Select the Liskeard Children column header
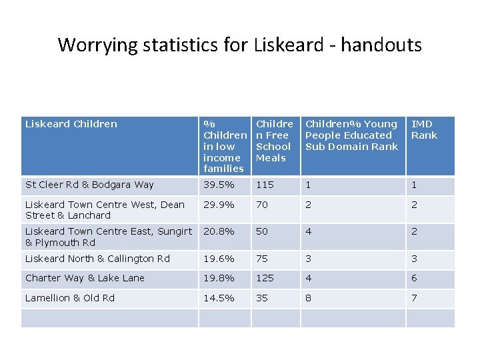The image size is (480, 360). click(x=71, y=124)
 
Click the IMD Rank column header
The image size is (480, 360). click(x=424, y=129)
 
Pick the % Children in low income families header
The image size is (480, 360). click(x=224, y=146)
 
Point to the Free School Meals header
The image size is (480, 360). click(x=274, y=141)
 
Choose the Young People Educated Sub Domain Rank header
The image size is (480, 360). click(x=351, y=135)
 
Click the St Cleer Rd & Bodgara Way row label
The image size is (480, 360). click(x=89, y=185)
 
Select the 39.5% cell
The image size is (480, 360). click(x=219, y=185)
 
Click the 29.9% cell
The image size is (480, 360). click(x=219, y=205)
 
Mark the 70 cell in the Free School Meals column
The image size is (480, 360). click(x=262, y=205)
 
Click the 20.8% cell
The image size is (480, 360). click(x=219, y=231)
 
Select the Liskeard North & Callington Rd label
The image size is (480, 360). click(x=97, y=259)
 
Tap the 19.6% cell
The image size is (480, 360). click(x=219, y=259)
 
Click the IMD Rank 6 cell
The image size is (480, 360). click(x=415, y=278)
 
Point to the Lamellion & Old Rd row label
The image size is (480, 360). click(x=70, y=298)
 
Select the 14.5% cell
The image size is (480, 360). click(x=219, y=298)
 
